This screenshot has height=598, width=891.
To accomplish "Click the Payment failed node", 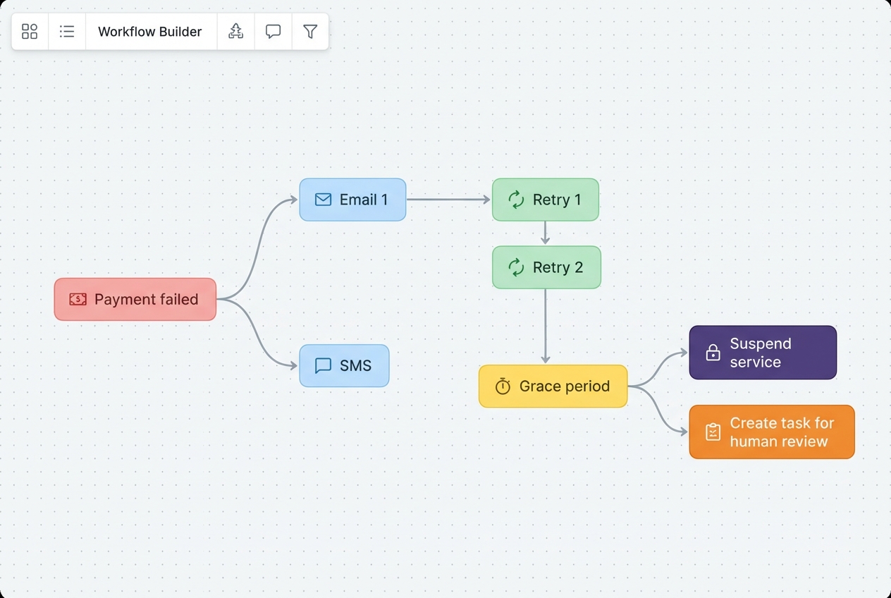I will point(135,300).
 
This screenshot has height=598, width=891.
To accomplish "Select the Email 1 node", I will point(352,200).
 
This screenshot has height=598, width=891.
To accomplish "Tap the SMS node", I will point(344,366).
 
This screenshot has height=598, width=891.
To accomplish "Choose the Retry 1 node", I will point(545,200).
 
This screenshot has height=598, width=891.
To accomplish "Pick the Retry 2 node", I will point(546,267).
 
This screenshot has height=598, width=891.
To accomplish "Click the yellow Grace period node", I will point(553,386).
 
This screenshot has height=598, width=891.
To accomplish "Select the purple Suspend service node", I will point(763,353).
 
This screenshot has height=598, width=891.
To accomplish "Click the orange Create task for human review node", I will point(771,432).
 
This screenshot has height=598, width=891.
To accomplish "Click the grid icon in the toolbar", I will point(30,32).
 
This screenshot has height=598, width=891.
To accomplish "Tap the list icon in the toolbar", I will point(67,32).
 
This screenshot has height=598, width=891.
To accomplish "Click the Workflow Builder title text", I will point(150,32).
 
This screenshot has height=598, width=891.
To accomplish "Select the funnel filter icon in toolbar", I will point(310,32).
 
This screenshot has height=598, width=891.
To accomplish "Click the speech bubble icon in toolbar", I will point(273,32).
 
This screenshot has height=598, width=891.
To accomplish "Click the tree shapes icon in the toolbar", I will point(235,32).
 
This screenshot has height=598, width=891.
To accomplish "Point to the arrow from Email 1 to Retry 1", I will point(448,200).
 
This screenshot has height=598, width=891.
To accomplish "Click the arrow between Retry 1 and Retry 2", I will point(545,233).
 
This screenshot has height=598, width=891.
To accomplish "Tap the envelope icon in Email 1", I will point(323,200).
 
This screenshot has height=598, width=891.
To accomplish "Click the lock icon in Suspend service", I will point(713,353).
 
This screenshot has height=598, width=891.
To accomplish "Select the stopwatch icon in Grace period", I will point(503,386).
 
